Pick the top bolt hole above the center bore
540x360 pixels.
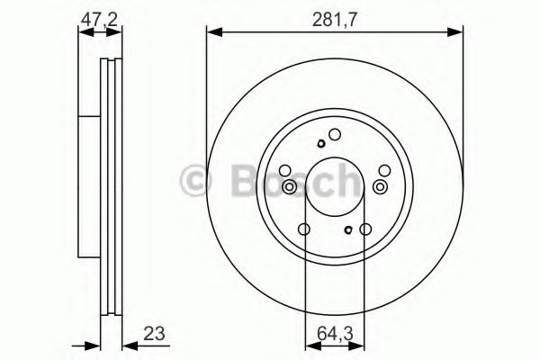coord(334,136)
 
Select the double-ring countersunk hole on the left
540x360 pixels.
coord(290,186)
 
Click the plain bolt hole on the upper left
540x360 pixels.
coord(285,170)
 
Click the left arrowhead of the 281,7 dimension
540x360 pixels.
coord(212,31)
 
